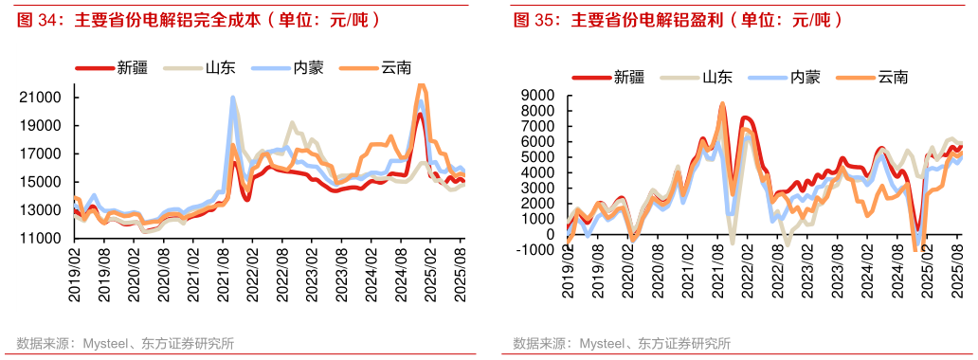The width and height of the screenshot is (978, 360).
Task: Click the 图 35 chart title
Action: pyautogui.click(x=677, y=19)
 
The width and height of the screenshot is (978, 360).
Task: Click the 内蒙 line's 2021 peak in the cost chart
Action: pyautogui.click(x=233, y=98)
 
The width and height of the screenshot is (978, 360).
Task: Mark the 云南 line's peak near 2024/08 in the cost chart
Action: pyautogui.click(x=422, y=86)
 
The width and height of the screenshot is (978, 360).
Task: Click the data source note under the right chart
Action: pyautogui.click(x=622, y=343)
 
